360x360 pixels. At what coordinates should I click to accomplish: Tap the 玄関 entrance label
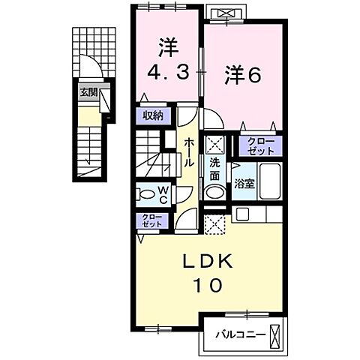click(x=88, y=93)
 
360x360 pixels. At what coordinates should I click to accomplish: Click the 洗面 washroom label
click(x=215, y=169)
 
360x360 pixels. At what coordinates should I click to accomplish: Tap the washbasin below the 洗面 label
click(x=215, y=192)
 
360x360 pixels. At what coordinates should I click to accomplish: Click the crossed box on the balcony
click(x=277, y=333)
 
